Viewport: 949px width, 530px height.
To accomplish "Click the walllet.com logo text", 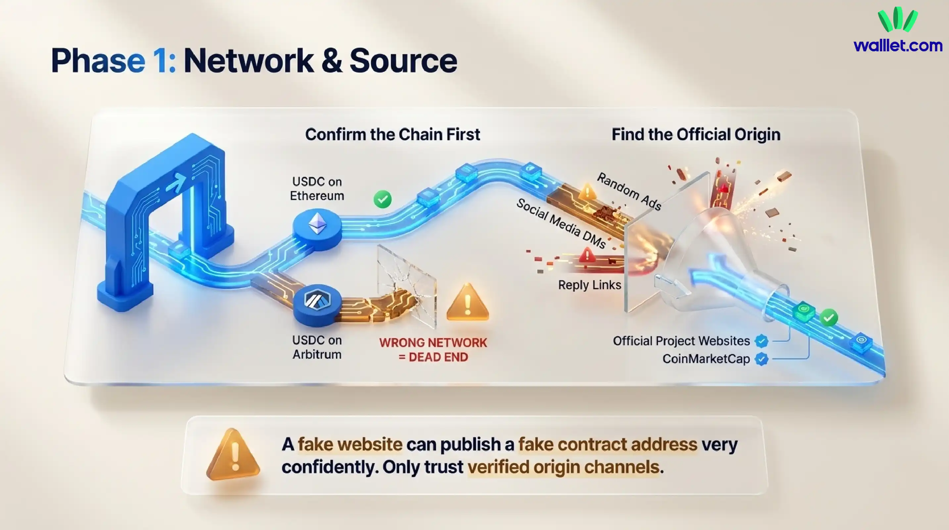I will point(898,46).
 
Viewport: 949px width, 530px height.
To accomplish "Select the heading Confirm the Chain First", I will point(392,134).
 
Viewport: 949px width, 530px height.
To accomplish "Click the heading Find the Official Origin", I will point(696,134).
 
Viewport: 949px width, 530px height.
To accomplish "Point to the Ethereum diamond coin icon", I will point(317,224).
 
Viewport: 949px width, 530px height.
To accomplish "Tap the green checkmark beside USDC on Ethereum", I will point(382,199).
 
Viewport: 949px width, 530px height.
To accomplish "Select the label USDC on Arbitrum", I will point(317,347).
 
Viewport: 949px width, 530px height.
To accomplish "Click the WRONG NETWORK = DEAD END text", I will point(433,350).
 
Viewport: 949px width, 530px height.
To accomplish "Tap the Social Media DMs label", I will point(561,223).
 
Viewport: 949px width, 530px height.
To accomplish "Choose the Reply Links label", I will point(590,285).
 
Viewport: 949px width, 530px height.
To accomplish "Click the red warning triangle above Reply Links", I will point(587,255).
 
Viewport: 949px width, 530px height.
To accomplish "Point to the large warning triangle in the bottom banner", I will point(233,455).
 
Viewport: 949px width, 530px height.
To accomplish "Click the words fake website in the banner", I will point(350,444).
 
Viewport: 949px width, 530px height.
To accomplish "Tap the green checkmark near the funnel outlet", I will point(829,317).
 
